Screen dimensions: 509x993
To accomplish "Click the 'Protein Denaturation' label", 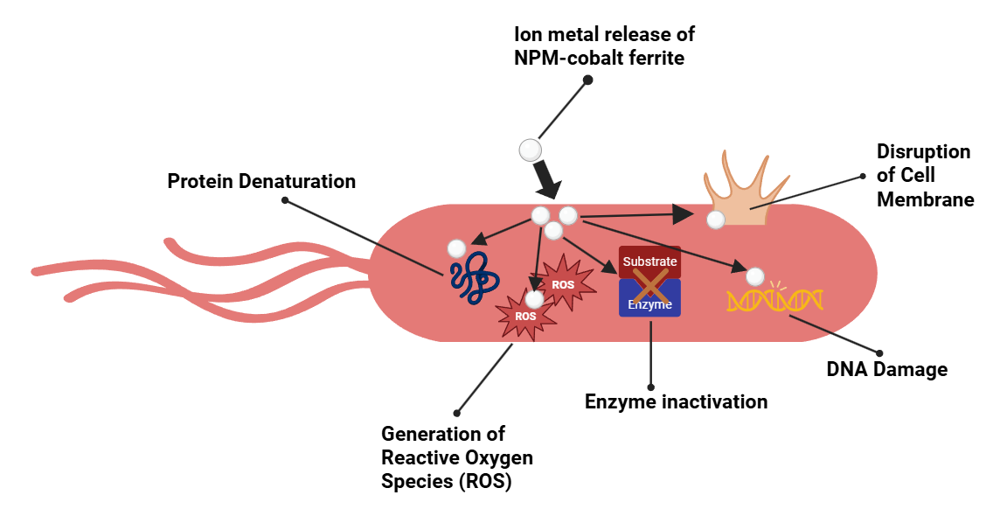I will point(261,182).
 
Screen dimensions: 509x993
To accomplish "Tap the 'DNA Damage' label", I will point(886,370).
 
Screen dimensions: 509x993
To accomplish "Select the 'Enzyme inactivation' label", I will point(676,402).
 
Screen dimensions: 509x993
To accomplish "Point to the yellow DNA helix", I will point(774,300).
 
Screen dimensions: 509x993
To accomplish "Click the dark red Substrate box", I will point(649,261).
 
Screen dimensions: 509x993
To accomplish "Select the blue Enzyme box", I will point(649,301).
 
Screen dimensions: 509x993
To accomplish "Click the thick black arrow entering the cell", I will point(547,178).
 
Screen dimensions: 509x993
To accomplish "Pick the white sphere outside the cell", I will point(530,150).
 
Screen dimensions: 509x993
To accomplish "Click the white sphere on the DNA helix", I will point(754,276).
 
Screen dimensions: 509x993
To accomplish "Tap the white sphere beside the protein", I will point(456,248).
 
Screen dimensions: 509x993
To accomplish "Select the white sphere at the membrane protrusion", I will point(715,220).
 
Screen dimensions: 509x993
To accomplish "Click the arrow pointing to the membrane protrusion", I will point(642,213).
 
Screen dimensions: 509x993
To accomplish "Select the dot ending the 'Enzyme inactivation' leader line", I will point(650,387).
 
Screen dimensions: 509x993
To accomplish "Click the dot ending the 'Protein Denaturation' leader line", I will point(285,200).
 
